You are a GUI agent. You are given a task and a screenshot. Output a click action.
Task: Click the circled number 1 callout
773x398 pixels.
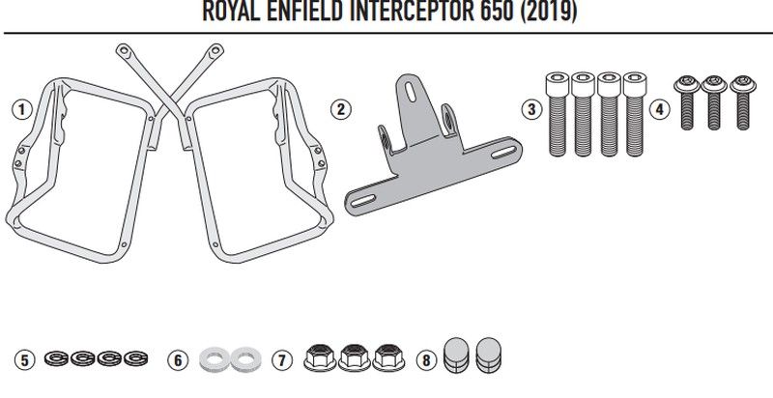(x=19, y=108)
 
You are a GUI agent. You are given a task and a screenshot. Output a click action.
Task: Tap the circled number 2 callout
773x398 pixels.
(x=339, y=108)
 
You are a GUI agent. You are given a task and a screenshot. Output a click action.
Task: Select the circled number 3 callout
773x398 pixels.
(x=530, y=108)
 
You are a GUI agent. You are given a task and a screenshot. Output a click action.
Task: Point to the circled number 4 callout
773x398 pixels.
(x=660, y=108)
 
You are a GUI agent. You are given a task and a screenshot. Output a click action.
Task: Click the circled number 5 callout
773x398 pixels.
(x=27, y=359)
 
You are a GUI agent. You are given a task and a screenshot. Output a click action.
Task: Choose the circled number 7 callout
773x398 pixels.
(x=280, y=359)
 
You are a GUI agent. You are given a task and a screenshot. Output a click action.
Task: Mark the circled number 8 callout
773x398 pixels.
(x=424, y=359)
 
